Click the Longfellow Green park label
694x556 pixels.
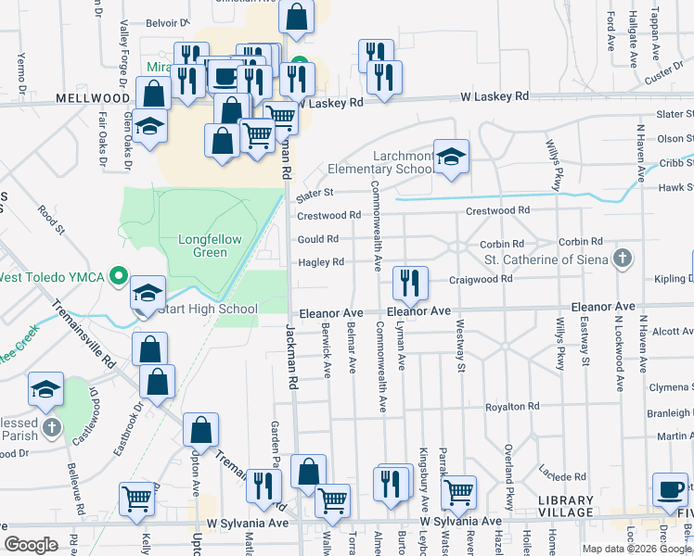point(210,246)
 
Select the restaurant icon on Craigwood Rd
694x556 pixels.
point(409,282)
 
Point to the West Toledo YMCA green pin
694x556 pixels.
point(118,276)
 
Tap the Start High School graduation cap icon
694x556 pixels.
point(148,294)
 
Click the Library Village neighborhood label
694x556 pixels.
point(565,507)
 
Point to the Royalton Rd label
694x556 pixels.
point(512,407)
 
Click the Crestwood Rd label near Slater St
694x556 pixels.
point(329,215)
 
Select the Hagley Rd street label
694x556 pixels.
point(320,262)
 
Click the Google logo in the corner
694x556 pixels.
point(31,545)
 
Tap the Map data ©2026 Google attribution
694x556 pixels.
point(637,549)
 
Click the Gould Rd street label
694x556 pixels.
point(317,238)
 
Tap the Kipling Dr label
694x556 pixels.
point(675,278)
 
